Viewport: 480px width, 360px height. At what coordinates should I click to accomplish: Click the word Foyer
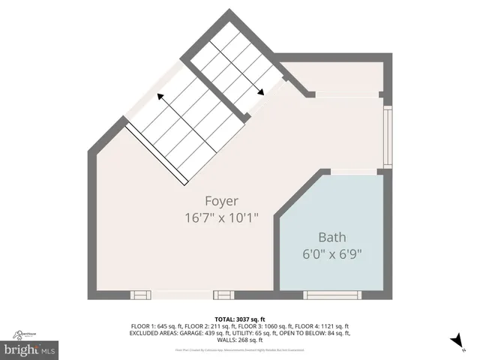click(x=221, y=201)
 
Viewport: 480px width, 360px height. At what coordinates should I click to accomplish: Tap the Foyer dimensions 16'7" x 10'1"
click(x=221, y=217)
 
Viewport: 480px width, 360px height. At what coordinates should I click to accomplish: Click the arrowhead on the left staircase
click(x=160, y=97)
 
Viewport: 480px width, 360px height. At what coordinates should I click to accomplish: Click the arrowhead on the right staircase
click(x=259, y=91)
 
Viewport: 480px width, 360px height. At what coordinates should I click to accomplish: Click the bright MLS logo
click(x=30, y=349)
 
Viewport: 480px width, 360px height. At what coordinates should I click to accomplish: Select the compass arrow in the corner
click(x=455, y=342)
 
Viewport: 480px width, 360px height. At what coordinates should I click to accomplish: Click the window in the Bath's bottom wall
click(x=331, y=295)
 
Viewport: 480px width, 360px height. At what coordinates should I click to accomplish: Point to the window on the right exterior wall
click(x=387, y=136)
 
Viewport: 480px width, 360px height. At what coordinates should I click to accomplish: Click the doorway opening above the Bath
click(x=354, y=172)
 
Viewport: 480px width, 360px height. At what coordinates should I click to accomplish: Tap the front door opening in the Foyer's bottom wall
click(x=182, y=295)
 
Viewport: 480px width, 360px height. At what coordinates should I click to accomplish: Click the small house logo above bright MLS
click(x=25, y=335)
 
